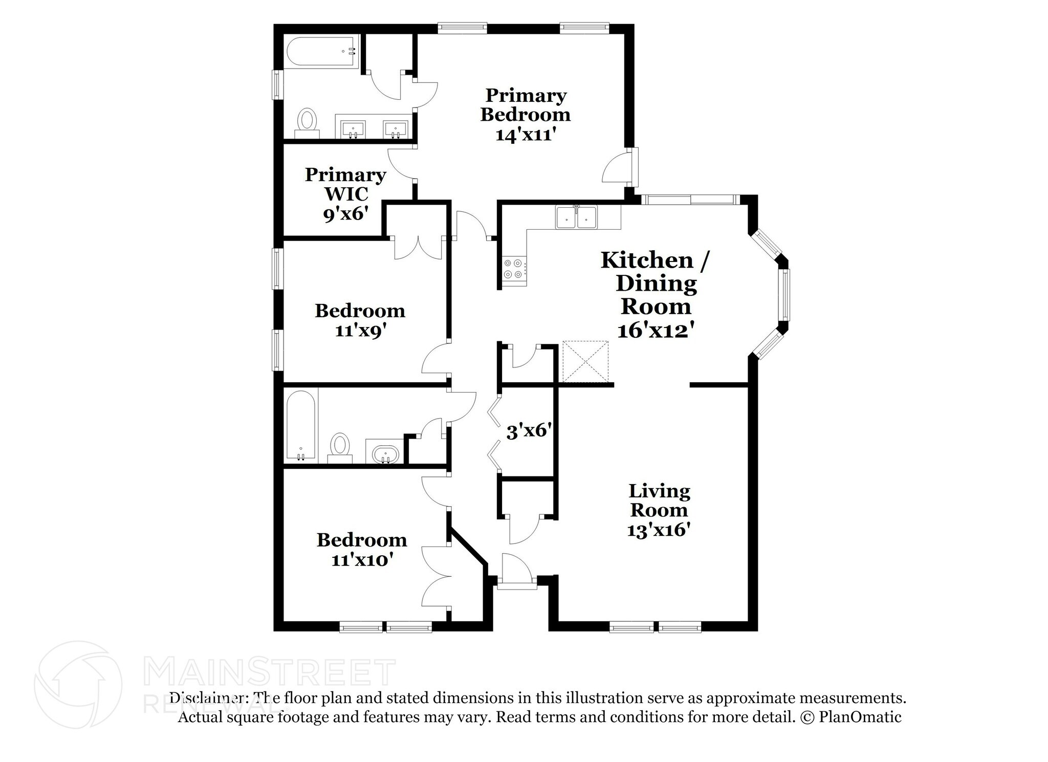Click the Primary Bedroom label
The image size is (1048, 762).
(525, 104)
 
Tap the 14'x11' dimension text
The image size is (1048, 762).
(525, 135)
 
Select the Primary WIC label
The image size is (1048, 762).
(345, 184)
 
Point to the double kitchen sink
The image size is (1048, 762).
(577, 217)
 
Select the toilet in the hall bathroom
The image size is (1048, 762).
(340, 445)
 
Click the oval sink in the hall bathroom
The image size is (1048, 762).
(385, 453)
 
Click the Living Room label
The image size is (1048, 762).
(659, 500)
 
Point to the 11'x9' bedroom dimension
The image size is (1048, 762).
(360, 331)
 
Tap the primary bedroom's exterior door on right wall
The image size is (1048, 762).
(618, 168)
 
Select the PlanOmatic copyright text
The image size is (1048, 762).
(850, 717)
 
